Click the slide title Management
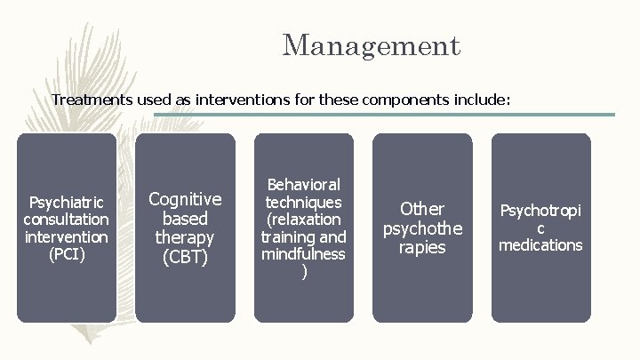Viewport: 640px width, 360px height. (371, 45)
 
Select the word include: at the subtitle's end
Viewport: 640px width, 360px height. (482, 100)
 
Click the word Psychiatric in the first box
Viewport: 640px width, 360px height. (67, 202)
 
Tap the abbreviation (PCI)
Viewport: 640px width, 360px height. (67, 254)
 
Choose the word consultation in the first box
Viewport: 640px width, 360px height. (67, 220)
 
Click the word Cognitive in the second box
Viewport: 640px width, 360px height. (185, 199)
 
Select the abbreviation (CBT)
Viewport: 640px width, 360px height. (185, 258)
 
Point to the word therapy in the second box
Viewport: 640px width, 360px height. (185, 238)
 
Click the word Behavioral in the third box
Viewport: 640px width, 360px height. (303, 184)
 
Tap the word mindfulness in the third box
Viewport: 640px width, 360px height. (303, 254)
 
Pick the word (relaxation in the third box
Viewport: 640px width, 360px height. (303, 220)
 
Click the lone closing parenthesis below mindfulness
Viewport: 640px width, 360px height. (305, 272)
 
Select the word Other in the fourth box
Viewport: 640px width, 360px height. (422, 209)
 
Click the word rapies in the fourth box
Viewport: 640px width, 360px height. (422, 248)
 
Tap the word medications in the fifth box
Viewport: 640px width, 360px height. (540, 245)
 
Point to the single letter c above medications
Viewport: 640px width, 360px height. (540, 228)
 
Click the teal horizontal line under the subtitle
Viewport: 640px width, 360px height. (382, 115)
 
